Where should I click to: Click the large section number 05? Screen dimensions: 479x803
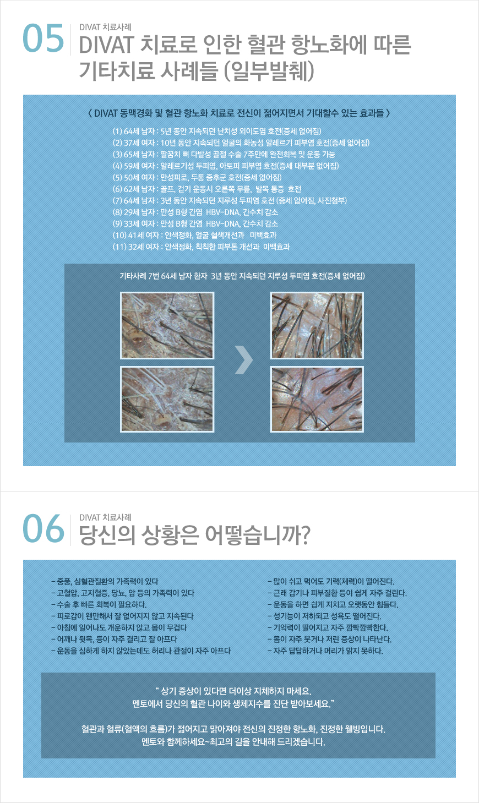point(43,38)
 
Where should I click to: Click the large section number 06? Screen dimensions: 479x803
point(43,528)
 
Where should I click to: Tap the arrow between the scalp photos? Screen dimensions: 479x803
point(244,359)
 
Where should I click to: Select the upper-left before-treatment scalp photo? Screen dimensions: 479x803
point(167,325)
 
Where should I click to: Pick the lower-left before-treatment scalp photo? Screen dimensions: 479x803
point(167,399)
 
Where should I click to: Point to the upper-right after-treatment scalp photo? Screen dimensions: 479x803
point(317,325)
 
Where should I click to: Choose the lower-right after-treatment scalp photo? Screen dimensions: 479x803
point(317,399)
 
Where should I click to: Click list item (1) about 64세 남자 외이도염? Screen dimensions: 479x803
point(217,131)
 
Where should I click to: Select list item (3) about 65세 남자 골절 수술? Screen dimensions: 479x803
point(224,155)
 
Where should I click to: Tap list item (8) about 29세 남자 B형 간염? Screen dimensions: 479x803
point(195,212)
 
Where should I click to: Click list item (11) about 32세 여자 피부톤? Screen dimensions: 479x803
point(201,247)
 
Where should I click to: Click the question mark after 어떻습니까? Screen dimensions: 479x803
point(303,535)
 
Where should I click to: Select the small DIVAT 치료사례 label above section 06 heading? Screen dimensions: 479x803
point(105,517)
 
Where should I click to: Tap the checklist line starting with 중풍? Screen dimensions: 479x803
point(105,581)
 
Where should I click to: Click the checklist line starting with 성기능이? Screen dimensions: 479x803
point(324,616)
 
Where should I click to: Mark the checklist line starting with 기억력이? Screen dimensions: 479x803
point(328,627)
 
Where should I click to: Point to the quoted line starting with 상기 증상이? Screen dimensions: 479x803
point(233,691)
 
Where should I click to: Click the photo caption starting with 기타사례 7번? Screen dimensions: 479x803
point(242,276)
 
